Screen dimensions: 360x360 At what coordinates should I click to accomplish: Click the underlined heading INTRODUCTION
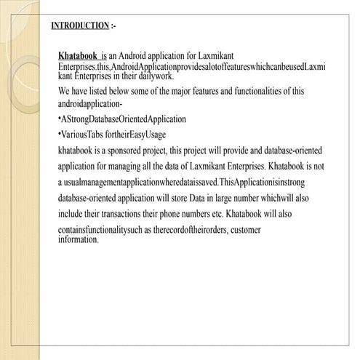tap(80, 25)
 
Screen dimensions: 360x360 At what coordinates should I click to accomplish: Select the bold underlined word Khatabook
tap(78, 55)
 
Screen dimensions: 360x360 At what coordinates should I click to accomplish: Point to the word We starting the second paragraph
tap(64, 91)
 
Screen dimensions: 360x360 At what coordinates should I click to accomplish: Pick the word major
tap(193, 91)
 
